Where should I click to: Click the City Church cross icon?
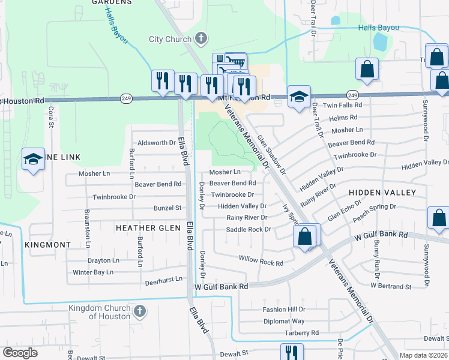(x=201, y=39)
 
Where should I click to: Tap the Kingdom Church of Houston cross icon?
(x=139, y=311)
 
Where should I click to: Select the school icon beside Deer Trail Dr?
(x=298, y=97)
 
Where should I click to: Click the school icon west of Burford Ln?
(x=33, y=159)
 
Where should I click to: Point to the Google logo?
(x=20, y=353)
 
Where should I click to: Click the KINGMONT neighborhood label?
(x=48, y=245)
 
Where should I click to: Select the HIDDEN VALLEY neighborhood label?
(x=382, y=192)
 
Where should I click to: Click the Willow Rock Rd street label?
(x=261, y=263)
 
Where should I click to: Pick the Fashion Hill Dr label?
(x=283, y=310)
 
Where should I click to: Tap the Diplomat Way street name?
(x=283, y=321)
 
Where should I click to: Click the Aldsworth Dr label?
(x=156, y=143)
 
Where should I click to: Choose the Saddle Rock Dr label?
(x=249, y=229)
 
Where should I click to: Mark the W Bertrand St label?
(x=391, y=286)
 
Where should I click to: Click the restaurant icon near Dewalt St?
(x=292, y=352)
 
